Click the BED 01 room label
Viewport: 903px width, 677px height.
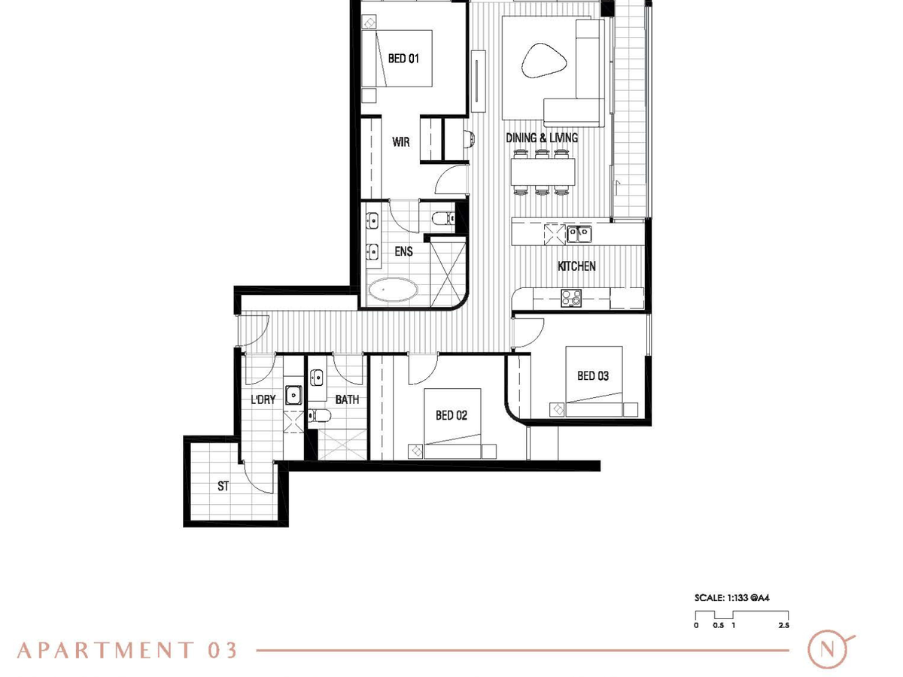pos(403,59)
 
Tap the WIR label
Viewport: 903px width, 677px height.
pos(400,142)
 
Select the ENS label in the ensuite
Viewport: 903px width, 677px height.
pos(403,251)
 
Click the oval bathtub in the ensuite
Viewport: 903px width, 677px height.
pos(393,290)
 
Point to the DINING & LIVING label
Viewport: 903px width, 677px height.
pos(541,138)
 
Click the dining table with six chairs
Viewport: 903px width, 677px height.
pos(543,172)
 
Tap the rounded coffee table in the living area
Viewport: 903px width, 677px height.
pos(544,61)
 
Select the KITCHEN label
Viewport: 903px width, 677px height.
pos(576,266)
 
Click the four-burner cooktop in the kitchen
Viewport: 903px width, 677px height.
pos(571,298)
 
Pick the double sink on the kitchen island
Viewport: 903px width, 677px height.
pos(579,234)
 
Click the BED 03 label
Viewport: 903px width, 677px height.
pos(592,375)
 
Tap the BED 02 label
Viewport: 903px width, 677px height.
pos(451,415)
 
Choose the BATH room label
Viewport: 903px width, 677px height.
pos(347,399)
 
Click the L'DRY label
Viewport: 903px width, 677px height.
pos(263,399)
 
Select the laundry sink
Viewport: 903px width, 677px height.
pos(293,395)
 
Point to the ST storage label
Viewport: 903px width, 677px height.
pos(223,486)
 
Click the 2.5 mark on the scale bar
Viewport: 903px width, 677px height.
pos(783,625)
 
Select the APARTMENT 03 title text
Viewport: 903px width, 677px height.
pos(127,651)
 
